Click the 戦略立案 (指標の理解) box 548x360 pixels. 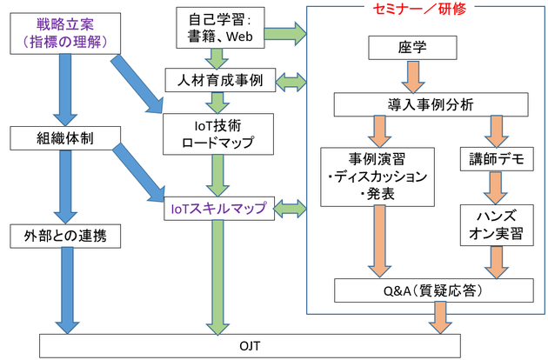65,34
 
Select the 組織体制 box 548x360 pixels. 65,138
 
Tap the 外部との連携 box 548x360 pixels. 65,237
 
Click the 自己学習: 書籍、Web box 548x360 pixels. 220,28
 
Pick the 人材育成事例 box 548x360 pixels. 220,80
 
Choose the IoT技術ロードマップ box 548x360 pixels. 218,134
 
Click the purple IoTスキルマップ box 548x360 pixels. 219,209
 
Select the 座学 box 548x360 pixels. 412,48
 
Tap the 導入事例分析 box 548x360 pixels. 431,104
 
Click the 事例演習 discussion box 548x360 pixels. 378,177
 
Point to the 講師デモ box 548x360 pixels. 497,159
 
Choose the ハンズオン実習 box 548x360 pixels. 497,225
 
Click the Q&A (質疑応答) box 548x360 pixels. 434,290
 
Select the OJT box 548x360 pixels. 250,346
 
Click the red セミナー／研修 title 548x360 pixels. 419,9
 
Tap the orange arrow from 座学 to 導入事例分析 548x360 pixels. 413,77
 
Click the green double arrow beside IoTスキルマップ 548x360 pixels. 290,209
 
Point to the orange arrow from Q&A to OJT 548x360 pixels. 440,317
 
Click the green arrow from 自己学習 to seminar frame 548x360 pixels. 285,34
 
